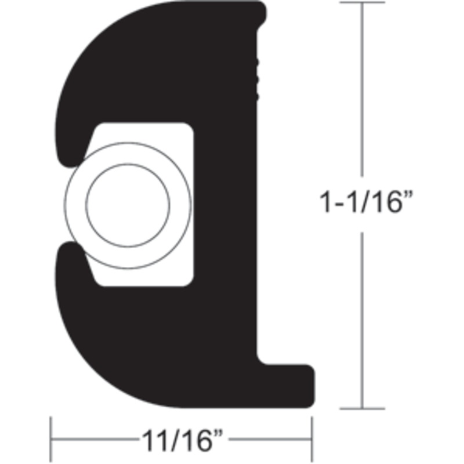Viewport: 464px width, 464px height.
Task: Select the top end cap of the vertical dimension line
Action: (362, 3)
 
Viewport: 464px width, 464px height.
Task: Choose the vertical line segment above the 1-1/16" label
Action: (362, 87)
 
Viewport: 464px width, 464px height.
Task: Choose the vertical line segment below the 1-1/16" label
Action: (362, 319)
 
